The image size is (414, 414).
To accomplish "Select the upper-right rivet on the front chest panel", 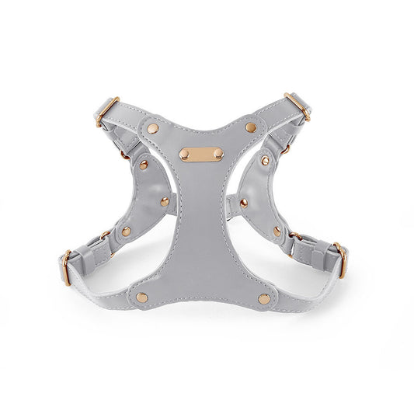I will click(x=250, y=127).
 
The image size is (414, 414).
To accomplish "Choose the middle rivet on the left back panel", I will click(x=165, y=201).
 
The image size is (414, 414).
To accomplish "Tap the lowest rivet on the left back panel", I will click(x=125, y=231).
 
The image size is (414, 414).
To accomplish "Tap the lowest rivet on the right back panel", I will click(x=277, y=230).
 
